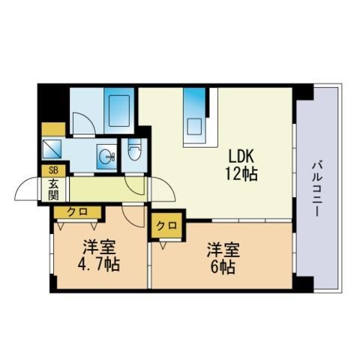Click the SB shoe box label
(52, 169)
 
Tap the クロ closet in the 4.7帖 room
(76, 212)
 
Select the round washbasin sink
(104, 157)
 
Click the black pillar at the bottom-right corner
(302, 285)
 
